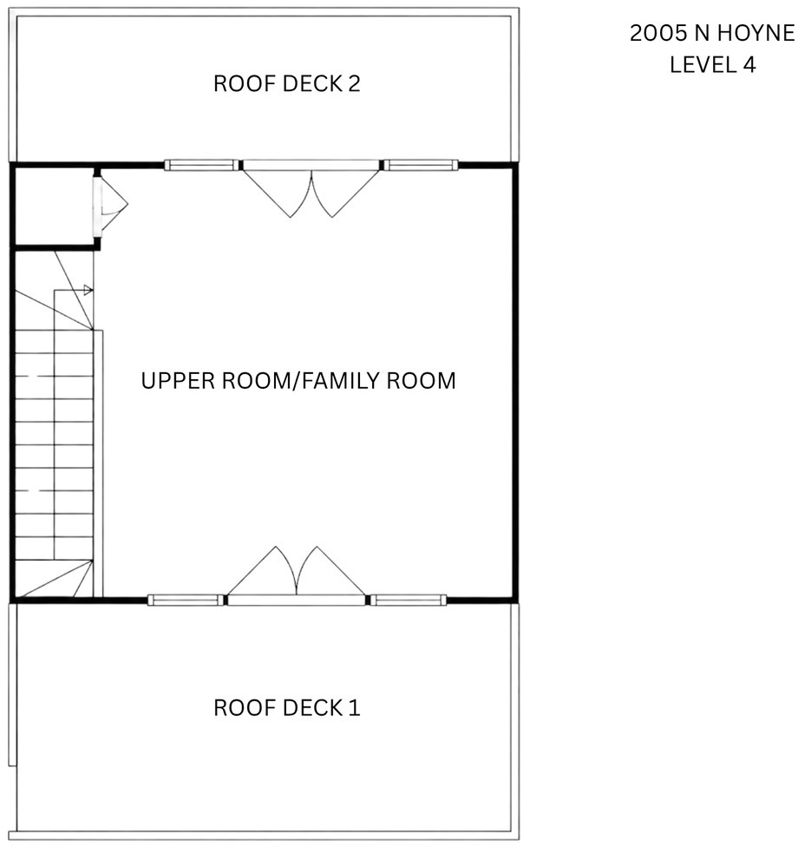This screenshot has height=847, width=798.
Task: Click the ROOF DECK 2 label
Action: (x=287, y=83)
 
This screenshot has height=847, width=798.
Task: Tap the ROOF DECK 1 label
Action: (x=287, y=707)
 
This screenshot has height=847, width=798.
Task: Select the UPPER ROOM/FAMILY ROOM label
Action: (x=298, y=381)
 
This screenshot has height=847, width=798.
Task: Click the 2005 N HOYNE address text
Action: (x=712, y=34)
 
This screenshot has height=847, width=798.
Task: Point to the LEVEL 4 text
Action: (x=713, y=65)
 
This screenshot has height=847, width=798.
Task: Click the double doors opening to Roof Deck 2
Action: (x=311, y=189)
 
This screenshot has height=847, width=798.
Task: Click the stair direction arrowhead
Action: (x=88, y=291)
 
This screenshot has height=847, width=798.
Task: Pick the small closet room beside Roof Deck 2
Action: (x=54, y=206)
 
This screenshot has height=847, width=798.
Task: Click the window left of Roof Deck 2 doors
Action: (x=202, y=165)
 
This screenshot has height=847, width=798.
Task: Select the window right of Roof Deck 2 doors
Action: (x=421, y=165)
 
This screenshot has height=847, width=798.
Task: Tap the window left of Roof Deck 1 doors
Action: (x=186, y=600)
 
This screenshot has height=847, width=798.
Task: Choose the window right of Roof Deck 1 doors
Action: (x=409, y=600)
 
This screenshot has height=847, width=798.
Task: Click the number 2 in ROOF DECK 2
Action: (x=354, y=83)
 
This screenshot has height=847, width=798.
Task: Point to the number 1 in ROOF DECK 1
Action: (x=355, y=707)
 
